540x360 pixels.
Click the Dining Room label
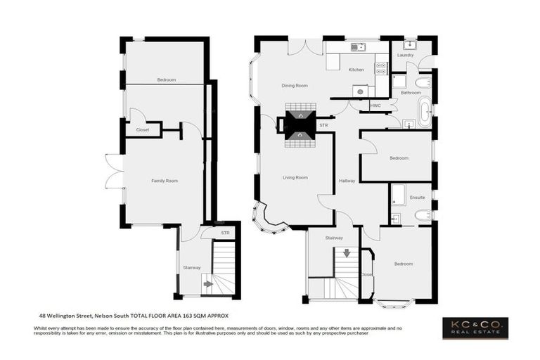pyautogui.click(x=295, y=86)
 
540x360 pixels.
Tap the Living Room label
pyautogui.click(x=295, y=177)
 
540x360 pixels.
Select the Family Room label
pyautogui.click(x=164, y=181)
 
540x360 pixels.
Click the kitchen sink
pyautogui.click(x=357, y=47)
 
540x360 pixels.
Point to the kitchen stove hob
pyautogui.click(x=381, y=69)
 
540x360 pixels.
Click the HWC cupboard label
pyautogui.click(x=375, y=105)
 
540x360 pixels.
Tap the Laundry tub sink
pyautogui.click(x=411, y=46)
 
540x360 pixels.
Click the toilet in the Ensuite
pyautogui.click(x=423, y=214)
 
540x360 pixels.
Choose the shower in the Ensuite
pyautogui.click(x=397, y=195)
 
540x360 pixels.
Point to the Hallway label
pyautogui.click(x=347, y=181)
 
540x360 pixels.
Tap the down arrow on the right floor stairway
pyautogui.click(x=346, y=252)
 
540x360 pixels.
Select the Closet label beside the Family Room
pyautogui.click(x=143, y=129)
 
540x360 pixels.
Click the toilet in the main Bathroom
pyautogui.click(x=423, y=83)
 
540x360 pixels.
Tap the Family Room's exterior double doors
pyautogui.click(x=114, y=171)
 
